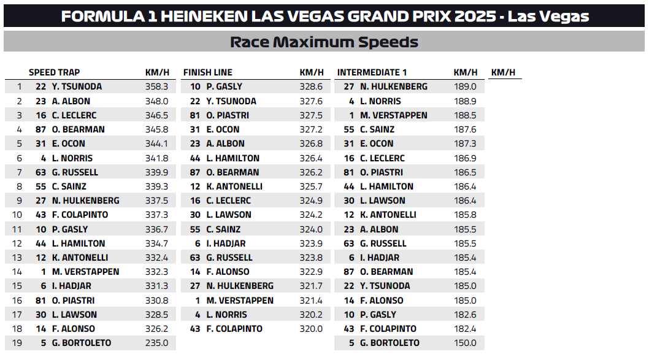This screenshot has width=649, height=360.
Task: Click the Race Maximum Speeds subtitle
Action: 324,42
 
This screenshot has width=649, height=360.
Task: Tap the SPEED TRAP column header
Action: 54,72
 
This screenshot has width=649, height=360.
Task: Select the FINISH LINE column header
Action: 207,72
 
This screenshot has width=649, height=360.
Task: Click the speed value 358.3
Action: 157,86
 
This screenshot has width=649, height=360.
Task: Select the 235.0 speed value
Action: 157,343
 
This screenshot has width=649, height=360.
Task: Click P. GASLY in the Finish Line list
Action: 225,86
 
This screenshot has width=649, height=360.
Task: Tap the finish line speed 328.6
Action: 311,86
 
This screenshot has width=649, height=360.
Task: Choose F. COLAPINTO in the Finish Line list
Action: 234,329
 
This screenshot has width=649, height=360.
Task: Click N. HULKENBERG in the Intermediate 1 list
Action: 394,86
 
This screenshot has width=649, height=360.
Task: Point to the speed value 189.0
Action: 465,86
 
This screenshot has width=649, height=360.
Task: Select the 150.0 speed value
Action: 465,343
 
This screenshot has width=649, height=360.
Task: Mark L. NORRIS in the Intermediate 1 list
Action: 380,101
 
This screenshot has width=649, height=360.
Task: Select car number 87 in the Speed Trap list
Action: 40,129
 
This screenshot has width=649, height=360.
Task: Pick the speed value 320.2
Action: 311,315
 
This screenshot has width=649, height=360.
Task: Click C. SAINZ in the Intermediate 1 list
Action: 377,129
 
